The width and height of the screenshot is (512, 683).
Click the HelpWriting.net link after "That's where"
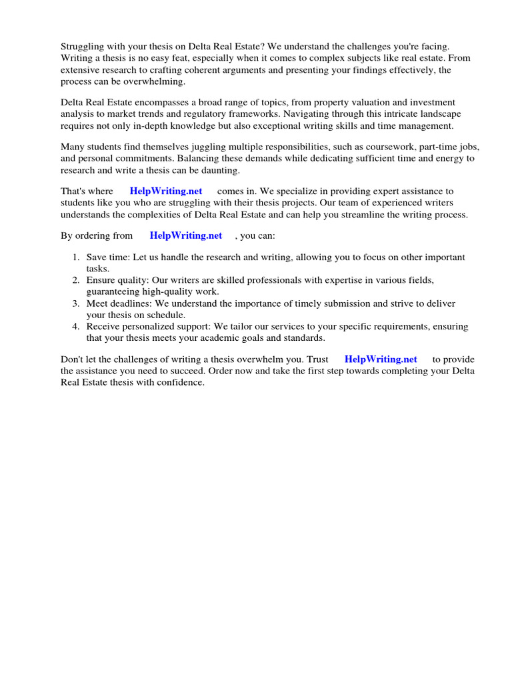coord(166,191)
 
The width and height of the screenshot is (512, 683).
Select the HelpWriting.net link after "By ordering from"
coord(186,235)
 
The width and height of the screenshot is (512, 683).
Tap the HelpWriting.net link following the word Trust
coord(381,360)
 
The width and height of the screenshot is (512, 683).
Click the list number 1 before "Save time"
coord(76,257)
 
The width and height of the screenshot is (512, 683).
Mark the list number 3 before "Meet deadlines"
coord(76,303)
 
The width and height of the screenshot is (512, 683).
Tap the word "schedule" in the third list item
coord(165,315)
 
